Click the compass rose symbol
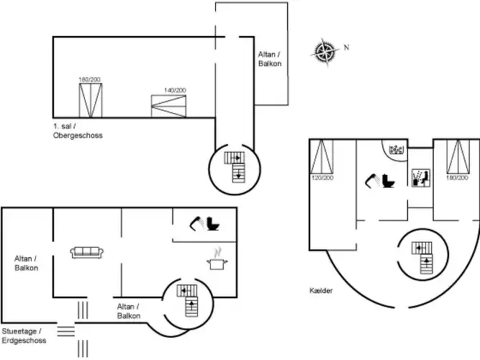325,52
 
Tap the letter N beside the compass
346,48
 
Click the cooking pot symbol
215,263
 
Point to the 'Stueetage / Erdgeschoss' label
24,335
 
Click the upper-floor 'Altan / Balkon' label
270,59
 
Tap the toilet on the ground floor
214,224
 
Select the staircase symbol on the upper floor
236,166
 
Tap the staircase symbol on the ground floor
190,299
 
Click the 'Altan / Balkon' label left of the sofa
26,263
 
